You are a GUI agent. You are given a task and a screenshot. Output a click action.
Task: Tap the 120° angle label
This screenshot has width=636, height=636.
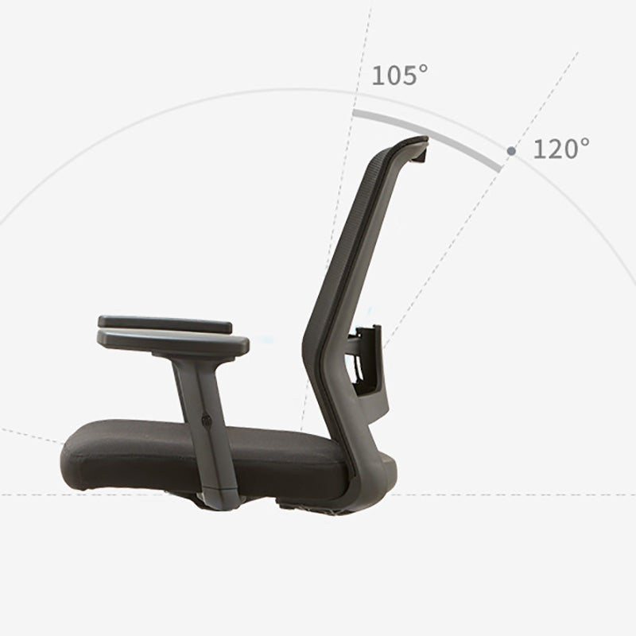(x=560, y=149)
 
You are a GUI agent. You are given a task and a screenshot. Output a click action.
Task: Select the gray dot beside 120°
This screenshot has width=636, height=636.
(x=511, y=150)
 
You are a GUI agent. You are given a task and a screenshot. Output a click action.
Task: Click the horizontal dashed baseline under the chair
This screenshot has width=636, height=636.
(x=517, y=494)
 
